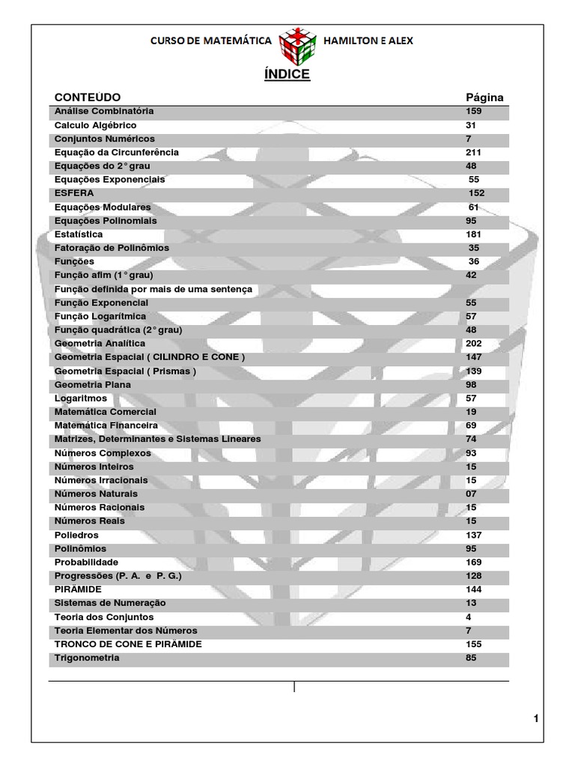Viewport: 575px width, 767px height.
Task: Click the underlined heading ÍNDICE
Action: (287, 75)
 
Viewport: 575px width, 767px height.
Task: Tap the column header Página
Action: (484, 97)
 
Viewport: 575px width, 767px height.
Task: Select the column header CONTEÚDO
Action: (88, 97)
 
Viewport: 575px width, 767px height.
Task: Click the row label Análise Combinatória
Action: (104, 111)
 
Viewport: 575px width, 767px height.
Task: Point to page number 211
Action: (474, 152)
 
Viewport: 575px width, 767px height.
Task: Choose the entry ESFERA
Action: (74, 193)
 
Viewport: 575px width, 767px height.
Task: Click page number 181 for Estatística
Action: (474, 234)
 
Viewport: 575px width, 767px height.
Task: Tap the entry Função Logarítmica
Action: (100, 316)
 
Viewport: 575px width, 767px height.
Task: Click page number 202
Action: (474, 343)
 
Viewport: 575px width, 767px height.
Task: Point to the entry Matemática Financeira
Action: (106, 425)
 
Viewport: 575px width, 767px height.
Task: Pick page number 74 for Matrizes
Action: (471, 439)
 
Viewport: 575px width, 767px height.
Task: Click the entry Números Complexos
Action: (103, 453)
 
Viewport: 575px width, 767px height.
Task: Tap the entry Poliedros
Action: (76, 536)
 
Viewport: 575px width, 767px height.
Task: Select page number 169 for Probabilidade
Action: (474, 563)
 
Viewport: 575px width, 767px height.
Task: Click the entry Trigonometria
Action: (87, 658)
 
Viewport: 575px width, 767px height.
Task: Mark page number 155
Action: (474, 644)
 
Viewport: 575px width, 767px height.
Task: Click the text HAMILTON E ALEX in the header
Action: (367, 40)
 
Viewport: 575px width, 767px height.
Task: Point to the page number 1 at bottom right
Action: (536, 719)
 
